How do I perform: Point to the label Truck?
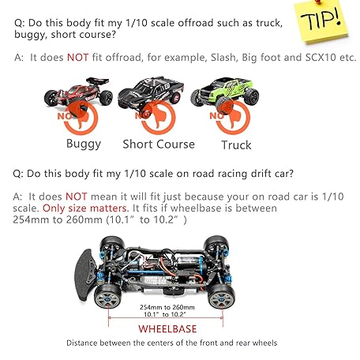click(x=236, y=144)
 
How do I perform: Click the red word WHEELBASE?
click(x=168, y=328)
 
